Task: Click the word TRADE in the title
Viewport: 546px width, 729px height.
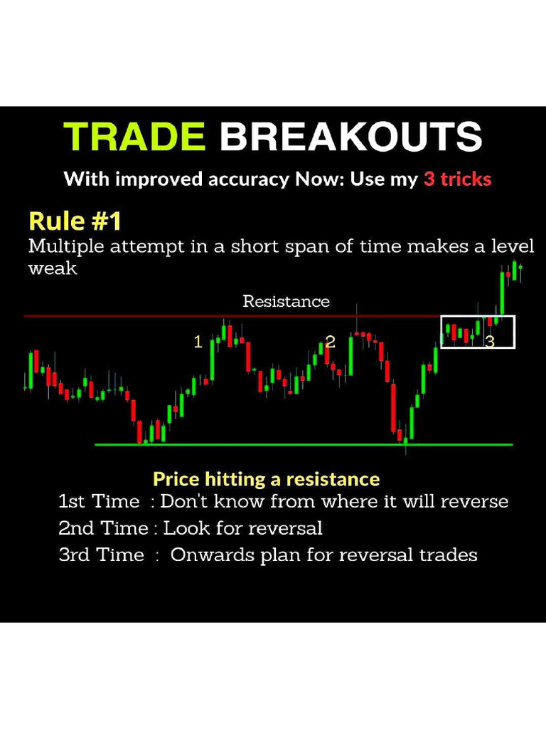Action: tap(134, 137)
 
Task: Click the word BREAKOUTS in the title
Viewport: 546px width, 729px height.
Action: tap(350, 137)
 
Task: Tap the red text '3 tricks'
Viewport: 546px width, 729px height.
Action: tap(457, 179)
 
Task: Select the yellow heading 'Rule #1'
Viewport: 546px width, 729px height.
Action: tap(75, 221)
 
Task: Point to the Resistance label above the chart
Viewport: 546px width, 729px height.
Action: tap(286, 301)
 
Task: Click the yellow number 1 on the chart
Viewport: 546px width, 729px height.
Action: tap(198, 342)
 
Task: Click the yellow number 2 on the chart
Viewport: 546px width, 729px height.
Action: tap(330, 342)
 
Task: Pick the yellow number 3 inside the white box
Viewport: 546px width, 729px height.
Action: tap(489, 342)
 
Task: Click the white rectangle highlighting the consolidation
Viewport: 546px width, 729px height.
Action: tap(478, 318)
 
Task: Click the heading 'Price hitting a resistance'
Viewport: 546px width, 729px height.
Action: tap(266, 478)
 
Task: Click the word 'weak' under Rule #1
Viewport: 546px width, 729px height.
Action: tap(53, 269)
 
